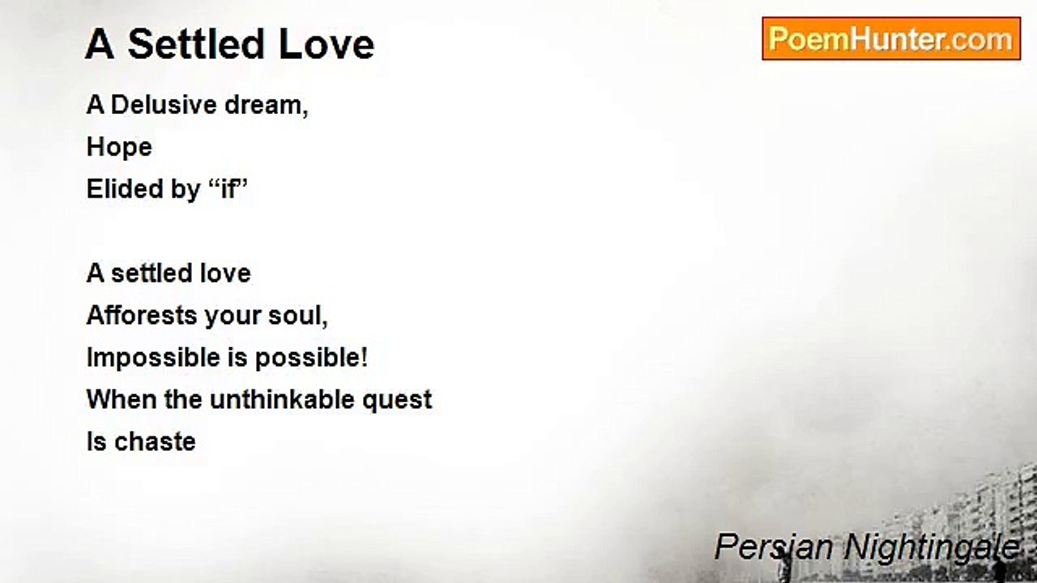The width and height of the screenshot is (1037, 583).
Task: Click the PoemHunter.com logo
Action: pos(891,39)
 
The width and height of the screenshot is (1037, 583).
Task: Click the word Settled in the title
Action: pos(196,45)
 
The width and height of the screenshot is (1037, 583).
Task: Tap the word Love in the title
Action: pos(326,45)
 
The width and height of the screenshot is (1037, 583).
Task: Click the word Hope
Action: pos(119,147)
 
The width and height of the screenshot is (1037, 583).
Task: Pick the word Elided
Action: pos(125,189)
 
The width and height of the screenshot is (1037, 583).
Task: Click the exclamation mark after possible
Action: pos(364,357)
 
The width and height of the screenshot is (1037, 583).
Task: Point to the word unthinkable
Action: pos(282,399)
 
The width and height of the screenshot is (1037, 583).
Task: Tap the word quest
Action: pos(397,401)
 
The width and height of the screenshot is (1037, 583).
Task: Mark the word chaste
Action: pos(155,441)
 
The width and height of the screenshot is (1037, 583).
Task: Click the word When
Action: pos(122,399)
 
